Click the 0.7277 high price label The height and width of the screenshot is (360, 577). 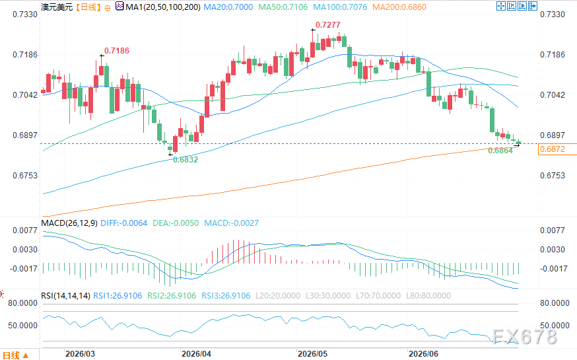pos(328,24)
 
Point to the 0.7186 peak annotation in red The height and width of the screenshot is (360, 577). pos(117,50)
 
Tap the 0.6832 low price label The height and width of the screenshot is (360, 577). pos(186,159)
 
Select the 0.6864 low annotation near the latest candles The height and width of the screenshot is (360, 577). pos(500,150)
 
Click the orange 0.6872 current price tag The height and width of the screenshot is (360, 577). pos(552,149)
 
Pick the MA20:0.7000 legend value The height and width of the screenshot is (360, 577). pos(228,7)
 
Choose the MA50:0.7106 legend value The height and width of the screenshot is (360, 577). pos(283,7)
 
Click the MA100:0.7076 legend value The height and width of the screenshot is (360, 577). pos(340,7)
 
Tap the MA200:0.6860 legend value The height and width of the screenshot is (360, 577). pos(399,7)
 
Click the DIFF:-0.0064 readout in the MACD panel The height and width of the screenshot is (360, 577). pos(123,223)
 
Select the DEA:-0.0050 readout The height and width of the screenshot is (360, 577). pos(176,223)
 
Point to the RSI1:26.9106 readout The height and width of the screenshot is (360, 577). pos(118,295)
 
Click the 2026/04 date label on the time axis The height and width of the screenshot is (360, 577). pos(197,354)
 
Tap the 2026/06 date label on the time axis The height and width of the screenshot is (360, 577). pos(424,354)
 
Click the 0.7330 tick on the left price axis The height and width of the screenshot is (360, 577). pos(25,15)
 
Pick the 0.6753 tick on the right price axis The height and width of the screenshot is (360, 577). pos(553,176)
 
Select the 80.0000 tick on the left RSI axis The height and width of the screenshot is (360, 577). pos(23,303)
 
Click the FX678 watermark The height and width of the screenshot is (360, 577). pos(525,336)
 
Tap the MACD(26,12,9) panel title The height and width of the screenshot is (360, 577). pos(69,223)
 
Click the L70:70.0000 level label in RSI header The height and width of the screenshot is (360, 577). pos(378,295)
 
